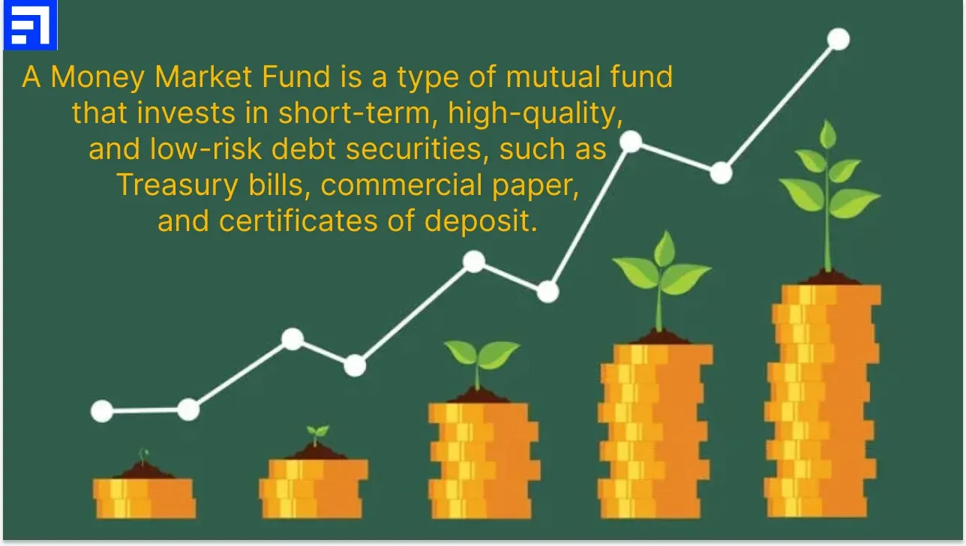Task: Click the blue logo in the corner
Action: click(30, 25)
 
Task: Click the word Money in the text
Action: click(97, 78)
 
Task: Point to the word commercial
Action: click(401, 185)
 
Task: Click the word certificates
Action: click(298, 220)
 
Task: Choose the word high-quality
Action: click(535, 114)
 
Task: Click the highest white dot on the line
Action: click(838, 39)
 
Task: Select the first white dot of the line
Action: click(102, 411)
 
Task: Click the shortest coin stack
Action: click(145, 498)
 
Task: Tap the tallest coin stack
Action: click(823, 401)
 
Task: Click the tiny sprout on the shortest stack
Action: click(143, 456)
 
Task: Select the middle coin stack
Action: click(484, 460)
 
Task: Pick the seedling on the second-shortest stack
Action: click(317, 435)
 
